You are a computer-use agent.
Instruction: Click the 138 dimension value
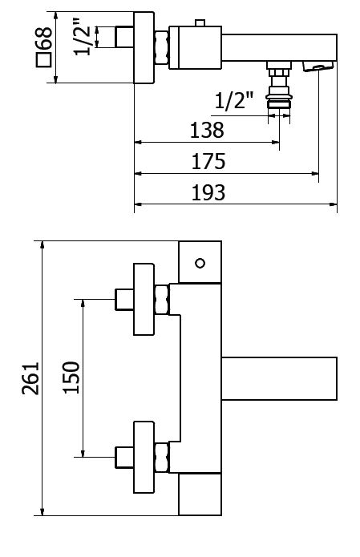pos(207,130)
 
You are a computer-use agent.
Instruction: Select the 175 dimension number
pos(208,161)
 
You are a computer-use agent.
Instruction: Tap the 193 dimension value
pos(208,192)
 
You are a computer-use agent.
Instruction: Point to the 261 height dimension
pos(30,378)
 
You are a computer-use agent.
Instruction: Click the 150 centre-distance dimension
pos(71,377)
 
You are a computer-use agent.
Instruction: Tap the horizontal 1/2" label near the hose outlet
pos(234,100)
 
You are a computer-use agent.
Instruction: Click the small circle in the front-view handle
pos(200,263)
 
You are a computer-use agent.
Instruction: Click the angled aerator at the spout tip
pos(318,66)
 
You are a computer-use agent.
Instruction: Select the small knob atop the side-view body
pos(200,23)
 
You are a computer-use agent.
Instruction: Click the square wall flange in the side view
pos(144,47)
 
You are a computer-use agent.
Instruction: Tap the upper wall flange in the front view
pos(144,299)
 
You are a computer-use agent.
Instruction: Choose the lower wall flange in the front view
pos(144,457)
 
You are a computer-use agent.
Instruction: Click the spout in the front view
pos(279,378)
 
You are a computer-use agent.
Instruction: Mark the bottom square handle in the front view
pos(200,494)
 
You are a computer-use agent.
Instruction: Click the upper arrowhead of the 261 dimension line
pos(42,244)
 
